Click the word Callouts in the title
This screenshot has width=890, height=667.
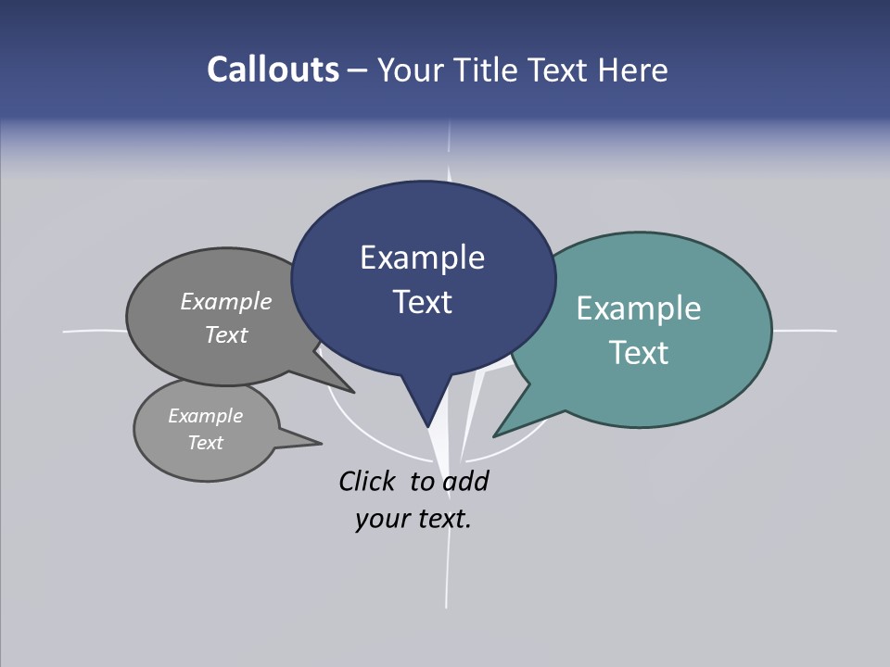(273, 69)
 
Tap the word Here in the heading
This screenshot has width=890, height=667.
(633, 69)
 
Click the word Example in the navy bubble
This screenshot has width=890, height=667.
(422, 258)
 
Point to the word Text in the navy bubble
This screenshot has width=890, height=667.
(422, 301)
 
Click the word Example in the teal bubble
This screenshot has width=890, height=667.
(638, 308)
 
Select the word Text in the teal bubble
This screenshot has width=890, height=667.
(639, 352)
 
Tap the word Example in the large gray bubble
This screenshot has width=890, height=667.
(226, 301)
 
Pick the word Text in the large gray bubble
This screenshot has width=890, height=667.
(226, 334)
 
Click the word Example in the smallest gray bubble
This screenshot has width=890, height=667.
(205, 416)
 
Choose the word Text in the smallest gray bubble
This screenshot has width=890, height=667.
(205, 443)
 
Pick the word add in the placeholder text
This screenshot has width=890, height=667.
(464, 481)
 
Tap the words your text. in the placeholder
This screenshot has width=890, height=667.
(413, 519)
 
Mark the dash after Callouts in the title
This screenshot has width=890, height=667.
(358, 69)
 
